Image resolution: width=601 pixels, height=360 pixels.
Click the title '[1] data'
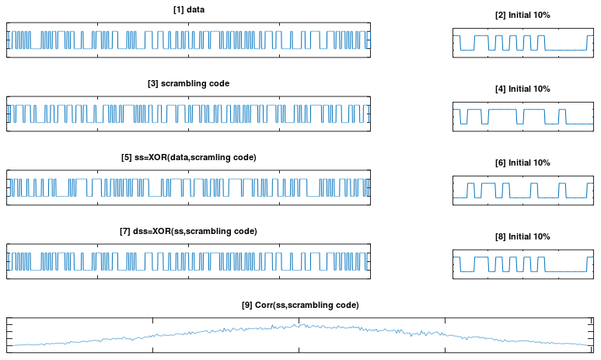189,9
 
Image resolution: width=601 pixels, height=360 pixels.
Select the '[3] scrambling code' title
189,83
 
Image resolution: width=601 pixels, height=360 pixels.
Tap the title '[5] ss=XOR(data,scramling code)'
189,158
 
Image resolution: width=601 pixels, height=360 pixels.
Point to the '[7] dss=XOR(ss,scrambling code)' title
189,232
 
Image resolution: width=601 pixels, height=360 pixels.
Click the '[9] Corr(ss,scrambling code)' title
300,305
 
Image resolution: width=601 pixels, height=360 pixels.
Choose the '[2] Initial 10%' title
522,16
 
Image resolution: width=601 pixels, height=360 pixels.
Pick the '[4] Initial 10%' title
522,89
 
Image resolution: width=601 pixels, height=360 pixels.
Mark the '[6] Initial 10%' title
522,163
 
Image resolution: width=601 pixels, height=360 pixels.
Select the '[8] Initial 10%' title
522,237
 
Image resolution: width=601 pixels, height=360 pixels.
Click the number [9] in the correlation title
246,305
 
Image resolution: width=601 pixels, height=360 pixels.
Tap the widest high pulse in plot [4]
502,110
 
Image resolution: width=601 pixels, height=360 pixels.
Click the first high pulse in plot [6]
470,183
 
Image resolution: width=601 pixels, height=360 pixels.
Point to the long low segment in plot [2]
566,51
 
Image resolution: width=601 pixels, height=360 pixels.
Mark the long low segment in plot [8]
566,272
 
